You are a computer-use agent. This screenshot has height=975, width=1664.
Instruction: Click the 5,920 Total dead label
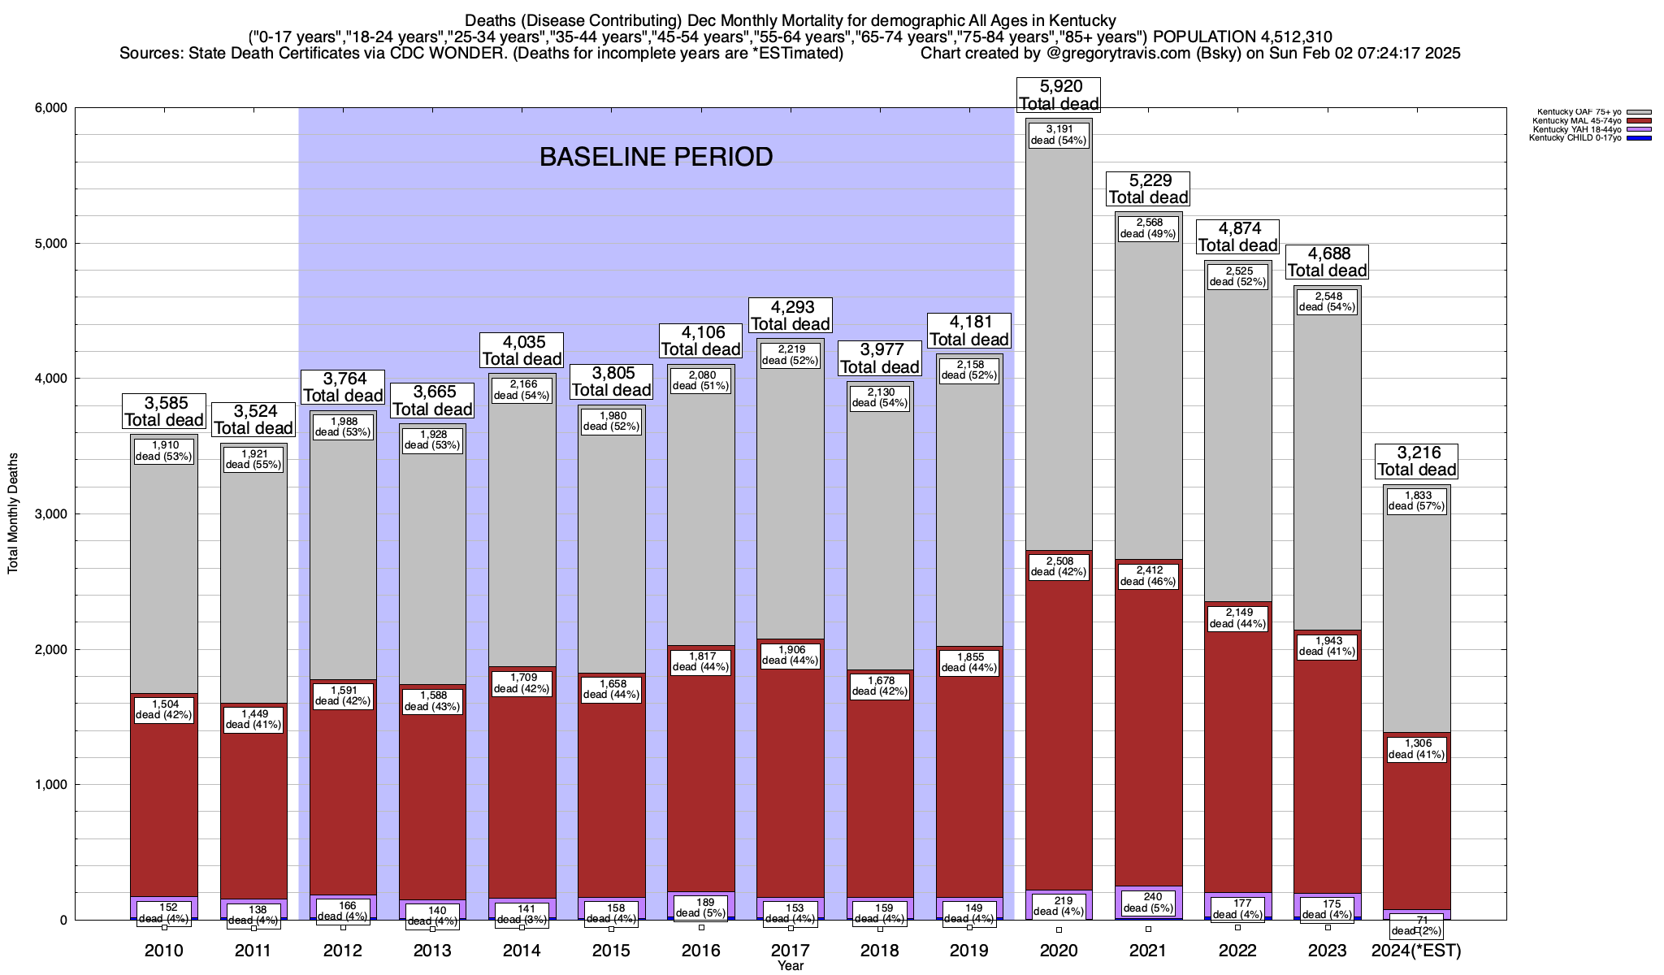[x=1059, y=95]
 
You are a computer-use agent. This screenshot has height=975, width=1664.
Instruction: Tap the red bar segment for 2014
[x=522, y=812]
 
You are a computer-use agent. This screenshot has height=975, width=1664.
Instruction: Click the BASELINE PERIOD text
[x=656, y=157]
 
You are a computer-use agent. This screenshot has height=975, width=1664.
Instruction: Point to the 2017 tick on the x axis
[x=790, y=951]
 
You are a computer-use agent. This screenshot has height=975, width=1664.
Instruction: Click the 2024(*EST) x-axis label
[x=1416, y=951]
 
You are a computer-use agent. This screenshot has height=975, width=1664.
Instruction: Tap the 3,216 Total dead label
[x=1417, y=461]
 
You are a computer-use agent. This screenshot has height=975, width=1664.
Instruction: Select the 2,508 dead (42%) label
[x=1059, y=566]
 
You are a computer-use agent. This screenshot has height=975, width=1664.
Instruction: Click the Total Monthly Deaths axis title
[x=13, y=513]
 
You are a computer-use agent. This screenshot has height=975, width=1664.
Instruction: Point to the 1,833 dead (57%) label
[x=1417, y=500]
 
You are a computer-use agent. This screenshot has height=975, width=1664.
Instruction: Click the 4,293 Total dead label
[x=790, y=315]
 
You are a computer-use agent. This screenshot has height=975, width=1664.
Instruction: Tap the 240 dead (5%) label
[x=1148, y=903]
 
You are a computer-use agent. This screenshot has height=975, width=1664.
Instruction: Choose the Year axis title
[x=790, y=966]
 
